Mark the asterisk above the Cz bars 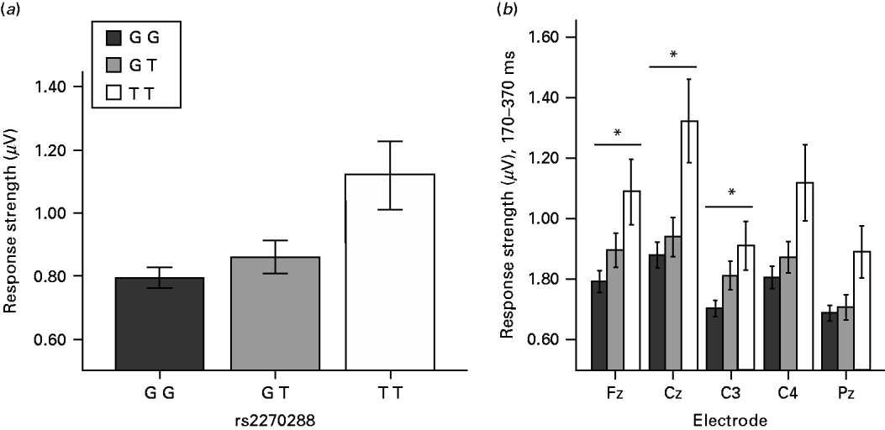click(x=673, y=56)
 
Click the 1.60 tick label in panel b click(x=545, y=38)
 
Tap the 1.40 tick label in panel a click(x=55, y=87)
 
